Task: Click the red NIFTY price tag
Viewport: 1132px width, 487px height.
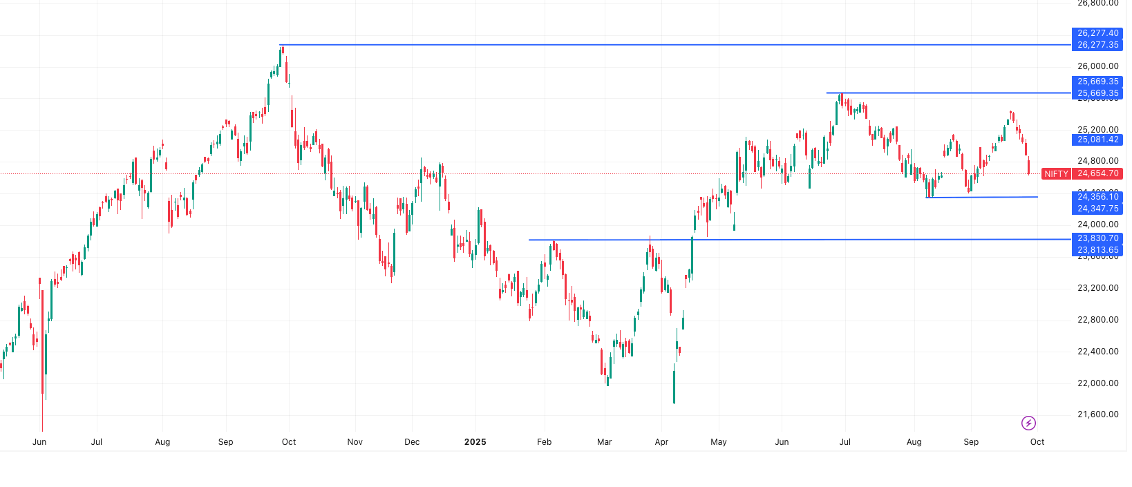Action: point(1056,174)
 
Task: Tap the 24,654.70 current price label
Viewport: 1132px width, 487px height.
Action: point(1097,174)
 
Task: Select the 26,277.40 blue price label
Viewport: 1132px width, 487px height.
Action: point(1097,33)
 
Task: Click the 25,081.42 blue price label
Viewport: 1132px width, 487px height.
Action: point(1097,140)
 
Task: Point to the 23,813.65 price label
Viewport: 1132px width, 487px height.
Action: point(1097,250)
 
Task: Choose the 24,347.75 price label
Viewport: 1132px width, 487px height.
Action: point(1097,209)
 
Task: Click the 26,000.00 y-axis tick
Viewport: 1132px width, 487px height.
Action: point(1097,66)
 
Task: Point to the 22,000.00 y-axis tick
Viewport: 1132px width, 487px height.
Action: point(1097,383)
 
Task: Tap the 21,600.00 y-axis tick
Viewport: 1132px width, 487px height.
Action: point(1097,414)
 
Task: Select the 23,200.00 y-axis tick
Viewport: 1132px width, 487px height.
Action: point(1097,288)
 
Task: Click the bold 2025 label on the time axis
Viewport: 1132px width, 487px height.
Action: point(475,442)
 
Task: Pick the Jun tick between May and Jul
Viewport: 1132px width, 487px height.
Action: point(782,442)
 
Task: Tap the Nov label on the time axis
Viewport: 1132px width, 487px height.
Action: point(355,442)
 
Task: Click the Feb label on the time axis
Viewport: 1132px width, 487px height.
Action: point(545,442)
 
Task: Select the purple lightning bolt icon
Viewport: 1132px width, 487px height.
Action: point(1028,423)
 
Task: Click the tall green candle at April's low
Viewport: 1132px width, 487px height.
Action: point(674,387)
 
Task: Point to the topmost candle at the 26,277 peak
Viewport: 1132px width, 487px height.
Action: point(282,50)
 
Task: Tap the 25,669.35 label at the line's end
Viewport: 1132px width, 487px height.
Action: point(1097,93)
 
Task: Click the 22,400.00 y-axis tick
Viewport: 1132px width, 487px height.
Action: point(1097,352)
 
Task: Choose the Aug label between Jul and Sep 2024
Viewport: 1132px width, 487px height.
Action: point(162,442)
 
